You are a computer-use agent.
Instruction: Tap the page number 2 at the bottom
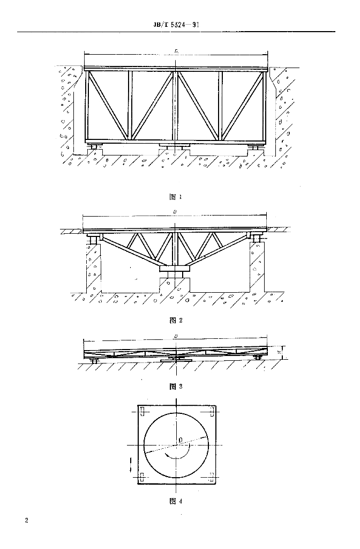click(x=26, y=521)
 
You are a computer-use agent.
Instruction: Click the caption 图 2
click(x=176, y=321)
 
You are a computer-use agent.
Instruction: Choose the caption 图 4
click(x=176, y=502)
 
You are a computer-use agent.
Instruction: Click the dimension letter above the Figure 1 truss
click(x=176, y=51)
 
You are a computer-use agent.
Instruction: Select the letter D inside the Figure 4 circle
click(x=181, y=440)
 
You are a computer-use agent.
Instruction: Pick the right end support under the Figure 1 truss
click(x=257, y=146)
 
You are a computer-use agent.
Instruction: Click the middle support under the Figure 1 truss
click(x=175, y=146)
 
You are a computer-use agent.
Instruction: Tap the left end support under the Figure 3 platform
click(x=95, y=361)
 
